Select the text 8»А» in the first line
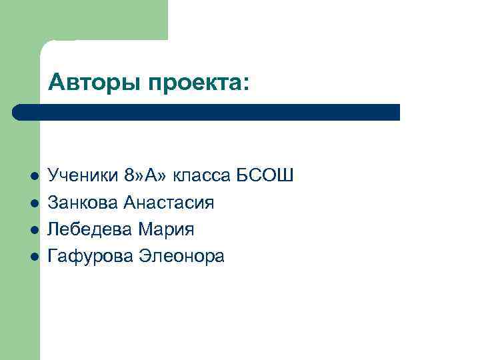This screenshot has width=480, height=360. (146, 176)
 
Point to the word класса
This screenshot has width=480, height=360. (201, 176)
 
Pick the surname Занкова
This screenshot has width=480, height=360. (83, 203)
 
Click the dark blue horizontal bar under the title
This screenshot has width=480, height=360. (213, 112)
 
